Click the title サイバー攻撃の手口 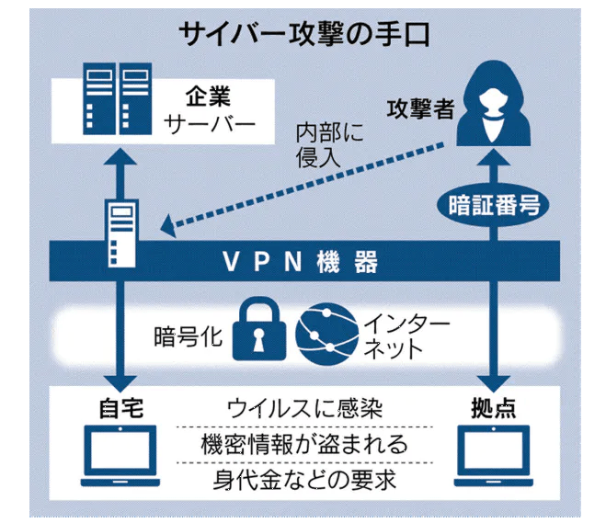(x=303, y=34)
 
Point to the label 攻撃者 (x=422, y=109)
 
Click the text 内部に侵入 (x=329, y=143)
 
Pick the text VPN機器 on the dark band (x=300, y=264)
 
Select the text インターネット (x=395, y=335)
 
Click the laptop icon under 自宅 (x=120, y=456)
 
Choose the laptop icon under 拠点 (x=497, y=456)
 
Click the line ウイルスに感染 (x=303, y=407)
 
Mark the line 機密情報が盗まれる (x=303, y=445)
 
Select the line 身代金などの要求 (x=303, y=481)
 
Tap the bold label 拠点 (x=497, y=406)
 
